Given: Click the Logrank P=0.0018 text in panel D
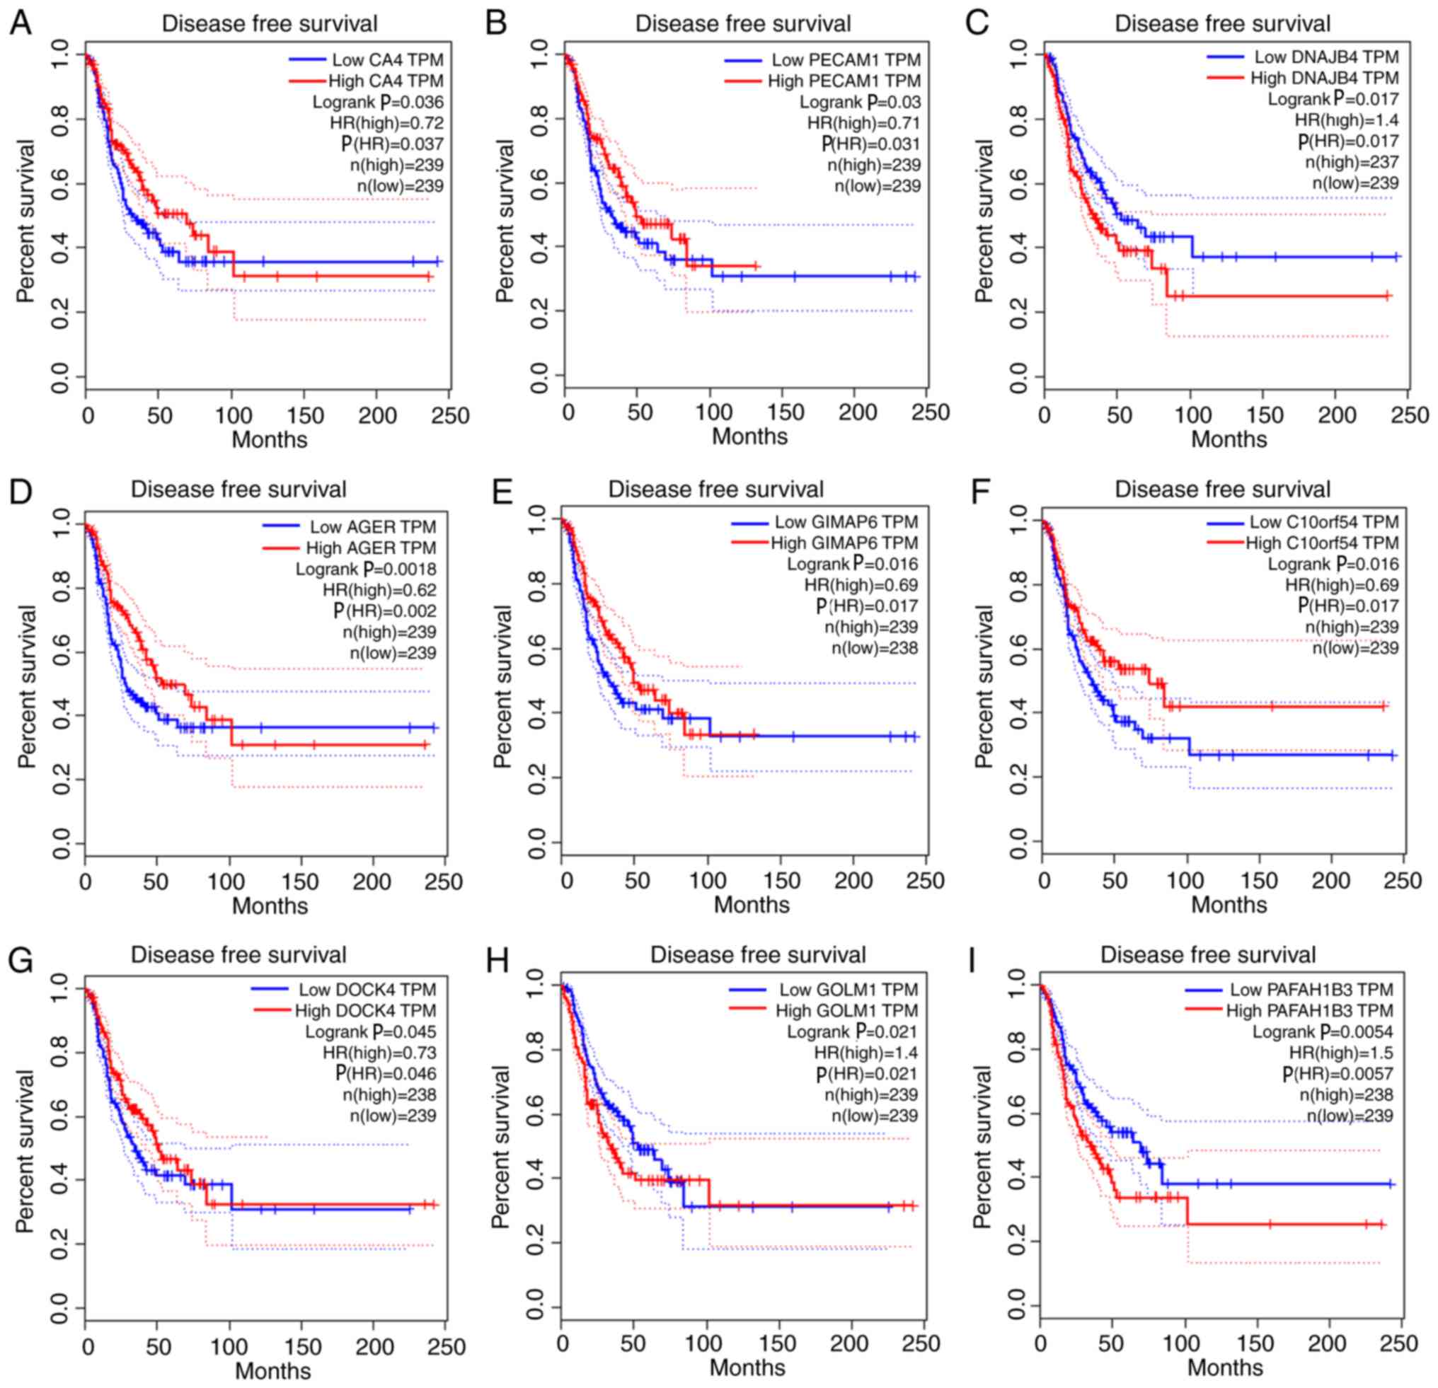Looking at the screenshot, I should (x=365, y=569).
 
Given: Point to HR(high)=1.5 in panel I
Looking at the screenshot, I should (x=1341, y=1052).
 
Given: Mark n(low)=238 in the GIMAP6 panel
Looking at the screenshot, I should (x=875, y=648).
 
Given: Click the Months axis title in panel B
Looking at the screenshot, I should (x=749, y=436).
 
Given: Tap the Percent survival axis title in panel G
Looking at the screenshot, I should (x=25, y=1150).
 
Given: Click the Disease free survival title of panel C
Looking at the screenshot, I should (x=1222, y=23).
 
